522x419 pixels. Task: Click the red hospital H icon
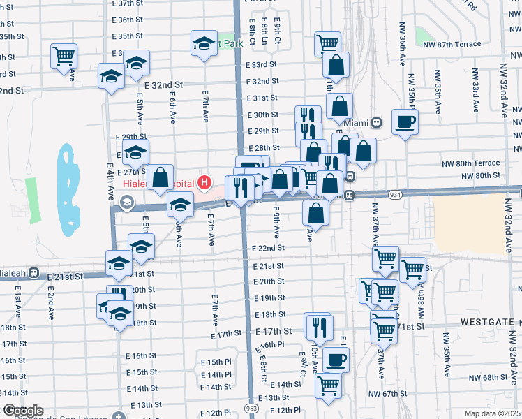point(204,184)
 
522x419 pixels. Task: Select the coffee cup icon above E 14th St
point(337,360)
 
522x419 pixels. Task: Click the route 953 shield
point(250,407)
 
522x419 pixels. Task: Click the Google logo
point(23,411)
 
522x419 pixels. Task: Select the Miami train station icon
point(377,122)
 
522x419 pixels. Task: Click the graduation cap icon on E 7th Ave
point(204,43)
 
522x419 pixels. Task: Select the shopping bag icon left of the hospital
point(161,177)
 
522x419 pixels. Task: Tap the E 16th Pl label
point(271,344)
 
